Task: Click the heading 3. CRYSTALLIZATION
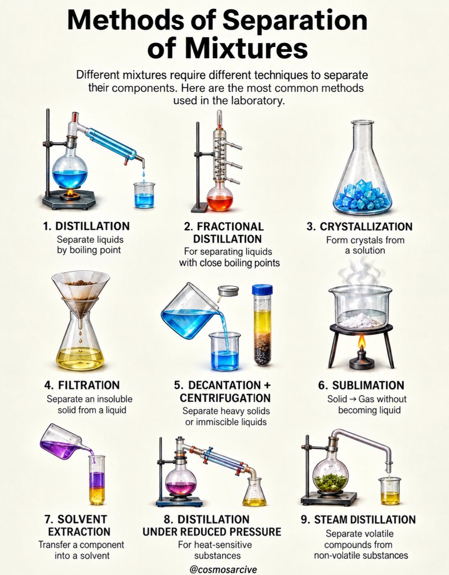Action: pyautogui.click(x=359, y=226)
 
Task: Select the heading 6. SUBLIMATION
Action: pyautogui.click(x=361, y=385)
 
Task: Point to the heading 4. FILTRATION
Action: pyautogui.click(x=82, y=385)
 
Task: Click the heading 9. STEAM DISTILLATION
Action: pyautogui.click(x=358, y=519)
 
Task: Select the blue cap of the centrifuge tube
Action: pyautogui.click(x=262, y=290)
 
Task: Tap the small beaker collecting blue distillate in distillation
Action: pyautogui.click(x=144, y=195)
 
